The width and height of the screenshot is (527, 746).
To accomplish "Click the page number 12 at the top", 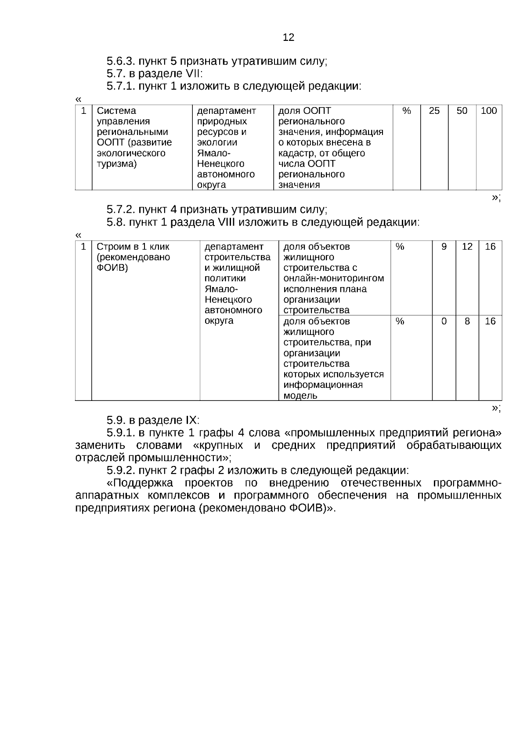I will (289, 37).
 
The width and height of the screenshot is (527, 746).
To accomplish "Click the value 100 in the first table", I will (489, 111).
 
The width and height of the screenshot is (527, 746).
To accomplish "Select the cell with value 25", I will (434, 111).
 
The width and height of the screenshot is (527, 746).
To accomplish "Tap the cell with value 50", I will (462, 111).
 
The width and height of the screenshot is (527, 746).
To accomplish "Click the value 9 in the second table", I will (444, 247).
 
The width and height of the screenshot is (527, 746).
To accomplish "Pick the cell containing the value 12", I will (467, 247).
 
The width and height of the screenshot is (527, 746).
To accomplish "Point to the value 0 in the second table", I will (444, 321).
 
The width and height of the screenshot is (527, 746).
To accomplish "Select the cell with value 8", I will (467, 321).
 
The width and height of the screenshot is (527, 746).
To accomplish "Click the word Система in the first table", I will (116, 111).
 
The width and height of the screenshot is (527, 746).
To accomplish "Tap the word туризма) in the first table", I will (116, 164).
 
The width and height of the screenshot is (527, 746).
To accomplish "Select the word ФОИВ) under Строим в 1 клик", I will (112, 268).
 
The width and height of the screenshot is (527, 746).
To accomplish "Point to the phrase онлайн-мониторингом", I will (333, 278).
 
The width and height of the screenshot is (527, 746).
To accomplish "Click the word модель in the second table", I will (300, 396).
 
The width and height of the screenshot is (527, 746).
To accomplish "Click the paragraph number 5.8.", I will (116, 222).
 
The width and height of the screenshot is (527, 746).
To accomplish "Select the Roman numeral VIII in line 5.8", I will (227, 222).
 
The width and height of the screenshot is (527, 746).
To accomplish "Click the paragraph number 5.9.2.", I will (121, 470).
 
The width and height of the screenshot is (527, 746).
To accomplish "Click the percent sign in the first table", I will (406, 111).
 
